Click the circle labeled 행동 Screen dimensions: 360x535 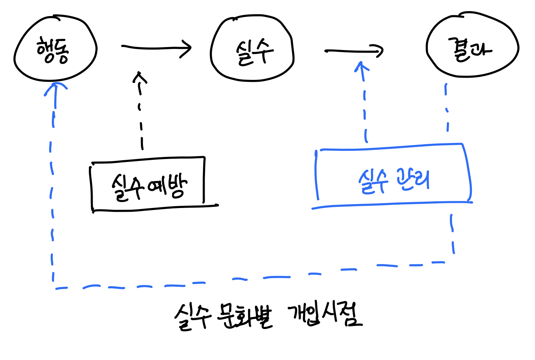pyautogui.click(x=55, y=49)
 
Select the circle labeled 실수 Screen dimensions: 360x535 pyautogui.click(x=252, y=49)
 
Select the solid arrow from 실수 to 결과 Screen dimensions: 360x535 pyautogui.click(x=353, y=51)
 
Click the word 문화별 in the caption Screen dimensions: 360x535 pyautogui.click(x=245, y=316)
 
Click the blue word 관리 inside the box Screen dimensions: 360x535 pyautogui.click(x=413, y=180)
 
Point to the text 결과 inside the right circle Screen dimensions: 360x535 pyautogui.click(x=470, y=49)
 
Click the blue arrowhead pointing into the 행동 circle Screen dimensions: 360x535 pyautogui.click(x=56, y=88)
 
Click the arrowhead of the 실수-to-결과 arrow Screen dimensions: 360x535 pyautogui.click(x=379, y=51)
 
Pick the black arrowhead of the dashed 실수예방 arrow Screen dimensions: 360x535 pyautogui.click(x=140, y=77)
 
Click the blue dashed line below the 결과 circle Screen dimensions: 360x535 pyautogui.click(x=447, y=108)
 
